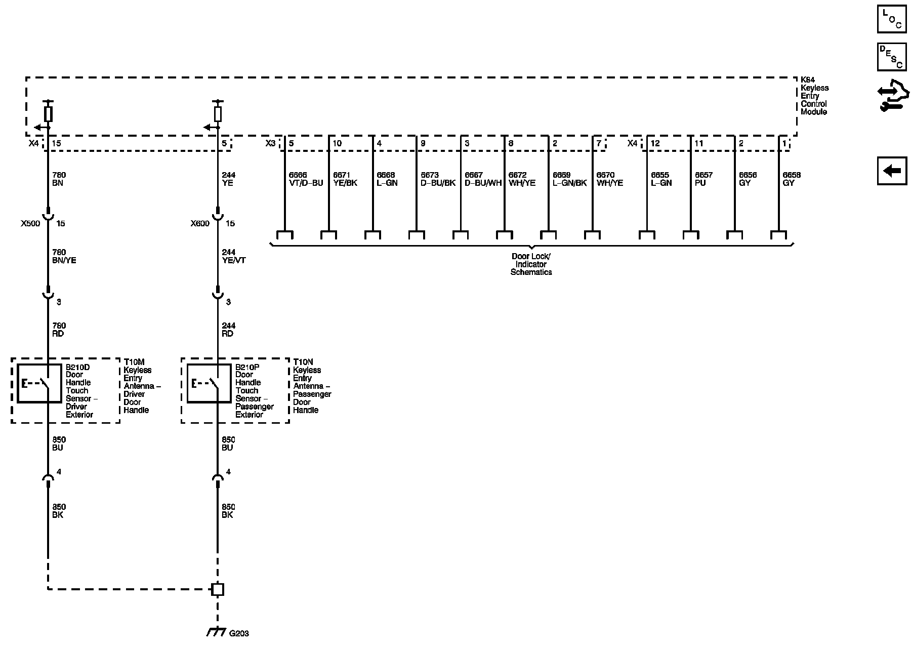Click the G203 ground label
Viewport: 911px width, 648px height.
239,633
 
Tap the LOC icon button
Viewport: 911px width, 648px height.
892,19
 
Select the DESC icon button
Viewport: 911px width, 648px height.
892,56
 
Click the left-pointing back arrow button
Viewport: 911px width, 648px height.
892,171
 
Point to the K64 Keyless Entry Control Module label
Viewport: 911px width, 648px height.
814,96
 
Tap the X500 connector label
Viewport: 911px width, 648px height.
30,223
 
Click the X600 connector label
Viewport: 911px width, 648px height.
200,223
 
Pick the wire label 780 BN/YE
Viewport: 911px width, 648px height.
64,256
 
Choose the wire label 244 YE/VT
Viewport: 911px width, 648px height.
234,256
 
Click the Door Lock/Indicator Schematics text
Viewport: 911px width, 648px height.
531,264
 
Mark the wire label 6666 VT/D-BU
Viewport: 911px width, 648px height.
306,179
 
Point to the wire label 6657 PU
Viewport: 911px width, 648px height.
703,179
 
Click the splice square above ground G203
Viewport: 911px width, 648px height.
218,589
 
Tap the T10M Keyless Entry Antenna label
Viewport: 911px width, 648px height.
142,386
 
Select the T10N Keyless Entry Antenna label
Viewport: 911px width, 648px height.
312,386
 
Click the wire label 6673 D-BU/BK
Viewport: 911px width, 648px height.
438,179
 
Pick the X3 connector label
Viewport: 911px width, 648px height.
271,143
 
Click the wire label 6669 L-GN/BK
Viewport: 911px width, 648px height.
570,179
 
